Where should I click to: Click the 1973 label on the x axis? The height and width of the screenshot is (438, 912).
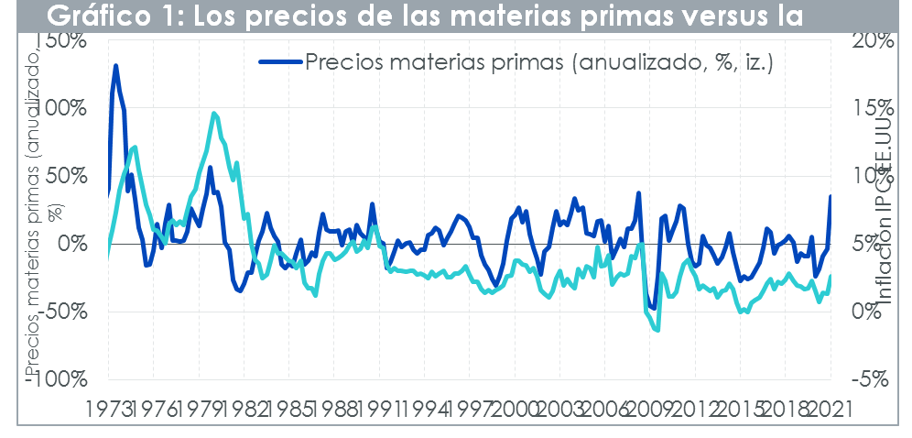click(107, 409)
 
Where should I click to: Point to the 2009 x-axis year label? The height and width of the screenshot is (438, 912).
click(649, 409)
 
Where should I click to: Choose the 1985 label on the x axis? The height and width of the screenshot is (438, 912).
click(288, 409)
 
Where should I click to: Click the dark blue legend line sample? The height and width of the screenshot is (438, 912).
click(279, 62)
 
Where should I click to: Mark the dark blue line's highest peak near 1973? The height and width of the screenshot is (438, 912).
click(116, 66)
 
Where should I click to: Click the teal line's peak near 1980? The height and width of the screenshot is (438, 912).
click(213, 114)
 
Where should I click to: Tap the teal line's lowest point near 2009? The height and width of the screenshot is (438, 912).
click(657, 330)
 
